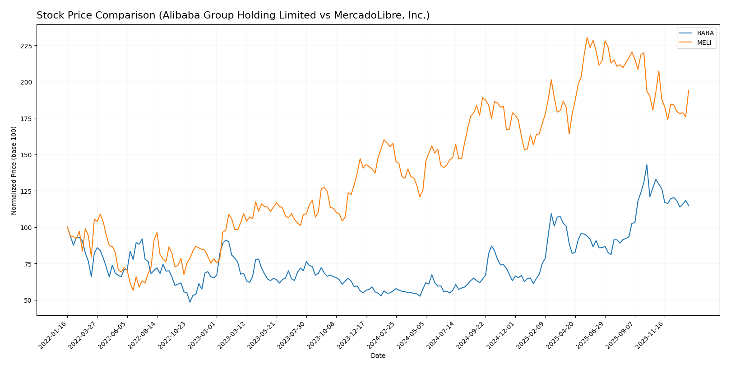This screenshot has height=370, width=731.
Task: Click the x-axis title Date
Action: pyautogui.click(x=378, y=356)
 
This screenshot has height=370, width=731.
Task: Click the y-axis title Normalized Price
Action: pyautogui.click(x=14, y=170)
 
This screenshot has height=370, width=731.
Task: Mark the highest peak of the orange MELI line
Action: pyautogui.click(x=587, y=37)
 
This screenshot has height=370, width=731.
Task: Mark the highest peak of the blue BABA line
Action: pyautogui.click(x=647, y=164)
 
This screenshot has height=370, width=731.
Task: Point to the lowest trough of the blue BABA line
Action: pyautogui.click(x=190, y=302)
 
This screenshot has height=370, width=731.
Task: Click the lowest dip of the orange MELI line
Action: pyautogui.click(x=133, y=290)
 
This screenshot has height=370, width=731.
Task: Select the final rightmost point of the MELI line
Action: pyautogui.click(x=689, y=90)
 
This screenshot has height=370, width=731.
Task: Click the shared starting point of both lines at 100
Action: pyautogui.click(x=67, y=227)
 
